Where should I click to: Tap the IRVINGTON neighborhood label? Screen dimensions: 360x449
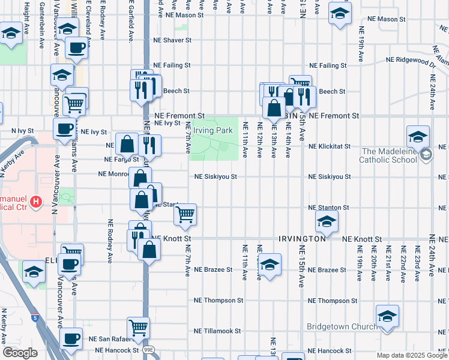302,239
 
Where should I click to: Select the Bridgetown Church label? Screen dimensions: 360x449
342,326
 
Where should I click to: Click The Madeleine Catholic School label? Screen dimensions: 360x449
389,155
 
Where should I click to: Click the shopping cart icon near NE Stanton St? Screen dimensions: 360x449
185,214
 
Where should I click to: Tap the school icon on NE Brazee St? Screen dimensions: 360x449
270,264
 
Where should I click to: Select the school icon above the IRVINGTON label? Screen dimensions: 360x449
327,223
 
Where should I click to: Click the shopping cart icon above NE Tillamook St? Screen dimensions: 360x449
139,328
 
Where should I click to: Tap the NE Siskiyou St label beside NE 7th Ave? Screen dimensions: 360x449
215,177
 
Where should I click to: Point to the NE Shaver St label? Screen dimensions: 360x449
172,40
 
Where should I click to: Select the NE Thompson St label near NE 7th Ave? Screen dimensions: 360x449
218,300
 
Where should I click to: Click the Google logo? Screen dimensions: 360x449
20,353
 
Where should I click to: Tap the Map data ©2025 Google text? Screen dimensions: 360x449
412,355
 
